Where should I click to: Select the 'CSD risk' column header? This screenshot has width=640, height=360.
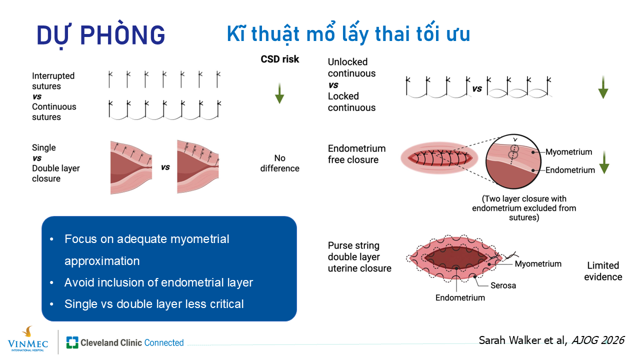[279, 59]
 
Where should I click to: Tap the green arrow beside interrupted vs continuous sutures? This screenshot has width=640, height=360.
[279, 93]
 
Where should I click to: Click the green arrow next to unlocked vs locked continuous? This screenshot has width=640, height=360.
[603, 87]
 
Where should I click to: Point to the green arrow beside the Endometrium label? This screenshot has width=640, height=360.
[604, 162]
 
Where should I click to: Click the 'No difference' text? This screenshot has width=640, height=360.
[279, 163]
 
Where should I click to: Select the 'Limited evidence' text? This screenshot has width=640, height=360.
[603, 271]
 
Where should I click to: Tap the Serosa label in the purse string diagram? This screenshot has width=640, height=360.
[503, 285]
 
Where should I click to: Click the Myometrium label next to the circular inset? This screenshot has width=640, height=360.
[568, 151]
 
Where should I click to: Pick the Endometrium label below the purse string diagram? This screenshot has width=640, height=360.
[460, 297]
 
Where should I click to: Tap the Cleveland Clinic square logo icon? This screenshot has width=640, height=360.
[72, 342]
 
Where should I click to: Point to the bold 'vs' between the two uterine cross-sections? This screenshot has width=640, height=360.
[165, 167]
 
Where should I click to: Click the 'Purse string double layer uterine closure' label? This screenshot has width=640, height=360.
[359, 257]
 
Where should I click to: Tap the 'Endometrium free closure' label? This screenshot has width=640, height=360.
[356, 154]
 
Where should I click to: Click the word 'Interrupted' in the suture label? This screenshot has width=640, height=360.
[53, 75]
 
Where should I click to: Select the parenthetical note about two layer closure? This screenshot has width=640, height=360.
[524, 208]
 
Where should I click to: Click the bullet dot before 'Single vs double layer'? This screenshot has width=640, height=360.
[51, 304]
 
